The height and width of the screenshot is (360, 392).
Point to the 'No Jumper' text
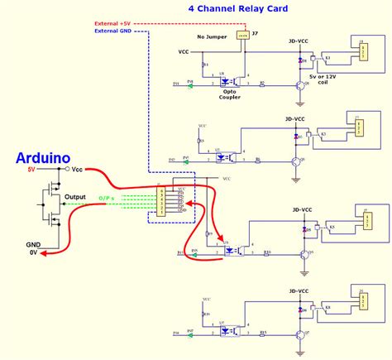207,37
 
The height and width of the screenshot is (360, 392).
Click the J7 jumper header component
242,36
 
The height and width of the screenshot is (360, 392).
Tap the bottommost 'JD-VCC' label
299,292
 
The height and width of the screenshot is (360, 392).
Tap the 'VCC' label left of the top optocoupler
184,51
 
